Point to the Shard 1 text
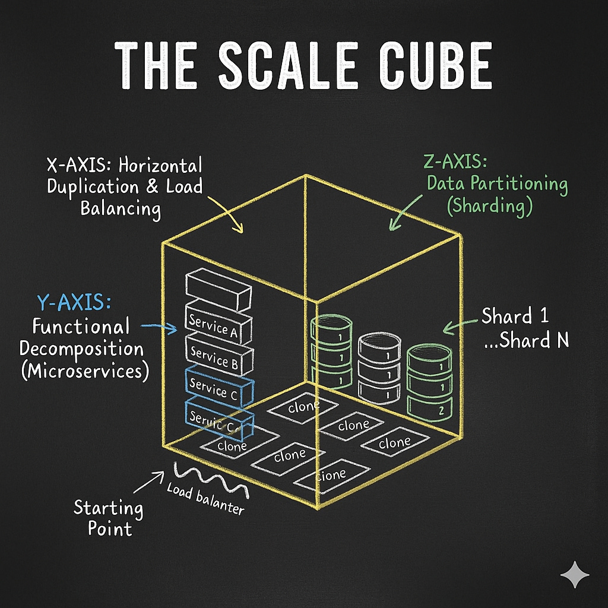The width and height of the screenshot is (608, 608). [515, 316]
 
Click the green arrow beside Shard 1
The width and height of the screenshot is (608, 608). [461, 325]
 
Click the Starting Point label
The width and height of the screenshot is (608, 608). [109, 518]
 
